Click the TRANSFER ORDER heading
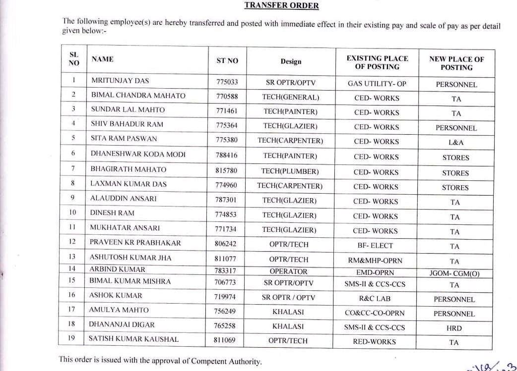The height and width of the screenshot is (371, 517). click(x=281, y=6)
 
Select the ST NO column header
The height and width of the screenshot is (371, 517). click(x=227, y=61)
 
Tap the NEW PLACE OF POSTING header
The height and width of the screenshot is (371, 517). click(x=456, y=63)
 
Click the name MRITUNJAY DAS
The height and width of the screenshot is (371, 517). click(x=120, y=81)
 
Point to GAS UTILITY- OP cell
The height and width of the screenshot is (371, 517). click(x=377, y=84)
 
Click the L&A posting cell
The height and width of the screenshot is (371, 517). click(x=455, y=143)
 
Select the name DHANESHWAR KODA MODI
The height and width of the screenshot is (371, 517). click(x=137, y=155)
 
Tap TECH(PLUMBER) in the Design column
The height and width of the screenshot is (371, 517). click(x=290, y=171)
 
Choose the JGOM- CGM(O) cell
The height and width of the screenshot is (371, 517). click(x=455, y=273)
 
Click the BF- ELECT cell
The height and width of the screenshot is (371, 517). click(x=375, y=245)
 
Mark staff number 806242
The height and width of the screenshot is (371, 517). click(x=226, y=244)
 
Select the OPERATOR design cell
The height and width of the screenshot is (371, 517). click(x=288, y=271)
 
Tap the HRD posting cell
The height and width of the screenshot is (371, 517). click(x=454, y=328)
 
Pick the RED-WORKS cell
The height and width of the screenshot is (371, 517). click(x=375, y=341)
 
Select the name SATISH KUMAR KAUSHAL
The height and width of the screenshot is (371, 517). click(x=133, y=339)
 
